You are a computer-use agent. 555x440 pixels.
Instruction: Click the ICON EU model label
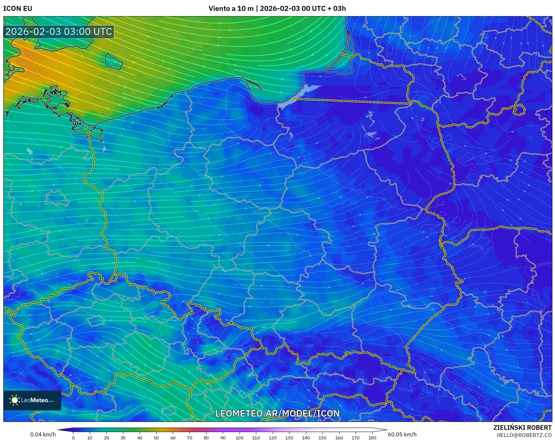point(18,9)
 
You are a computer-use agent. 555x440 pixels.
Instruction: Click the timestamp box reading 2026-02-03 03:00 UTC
point(59,32)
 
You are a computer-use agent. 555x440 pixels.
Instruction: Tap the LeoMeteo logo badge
point(32,400)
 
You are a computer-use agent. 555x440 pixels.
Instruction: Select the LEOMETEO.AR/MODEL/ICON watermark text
point(277,414)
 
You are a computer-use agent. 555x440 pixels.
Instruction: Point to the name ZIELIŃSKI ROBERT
point(522,427)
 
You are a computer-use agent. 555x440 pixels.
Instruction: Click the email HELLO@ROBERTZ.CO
point(524,435)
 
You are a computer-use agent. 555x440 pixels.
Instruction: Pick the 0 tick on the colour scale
point(73,437)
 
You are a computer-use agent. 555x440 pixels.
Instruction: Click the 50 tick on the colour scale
point(156,437)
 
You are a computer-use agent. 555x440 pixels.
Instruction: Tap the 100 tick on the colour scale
point(240,437)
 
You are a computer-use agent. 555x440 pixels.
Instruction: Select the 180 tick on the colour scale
point(372,437)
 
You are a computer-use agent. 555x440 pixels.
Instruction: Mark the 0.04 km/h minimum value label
point(43,434)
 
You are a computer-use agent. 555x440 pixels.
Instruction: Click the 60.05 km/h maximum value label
point(402,434)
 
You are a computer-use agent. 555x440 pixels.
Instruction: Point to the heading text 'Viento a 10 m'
point(231,9)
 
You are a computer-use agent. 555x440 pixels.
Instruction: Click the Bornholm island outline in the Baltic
point(114,61)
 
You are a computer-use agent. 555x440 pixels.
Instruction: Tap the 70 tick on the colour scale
point(189,437)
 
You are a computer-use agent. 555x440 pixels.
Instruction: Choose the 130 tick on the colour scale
point(289,437)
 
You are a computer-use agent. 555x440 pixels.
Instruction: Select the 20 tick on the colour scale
point(107,437)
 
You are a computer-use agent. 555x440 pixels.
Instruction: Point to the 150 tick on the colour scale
point(322,437)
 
